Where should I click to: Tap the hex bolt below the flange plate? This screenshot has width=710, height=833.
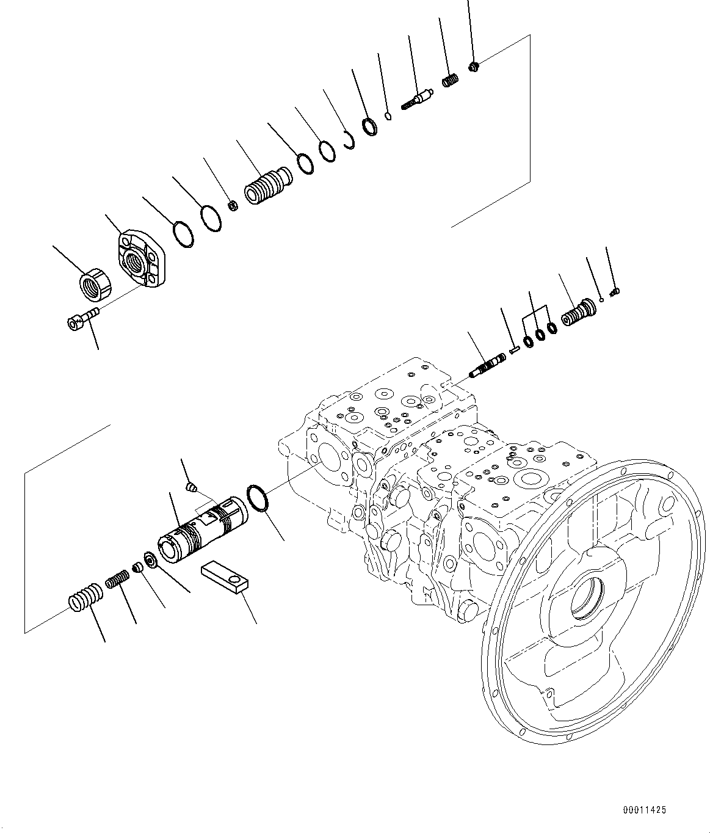(82, 319)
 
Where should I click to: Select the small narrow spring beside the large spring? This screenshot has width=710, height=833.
(117, 578)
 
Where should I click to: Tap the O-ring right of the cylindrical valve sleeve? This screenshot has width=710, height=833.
(258, 498)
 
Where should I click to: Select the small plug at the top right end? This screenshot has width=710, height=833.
(475, 66)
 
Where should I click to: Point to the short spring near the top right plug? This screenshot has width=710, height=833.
(450, 81)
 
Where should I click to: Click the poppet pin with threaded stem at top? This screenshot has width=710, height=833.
(418, 98)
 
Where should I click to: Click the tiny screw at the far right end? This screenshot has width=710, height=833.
(615, 292)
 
